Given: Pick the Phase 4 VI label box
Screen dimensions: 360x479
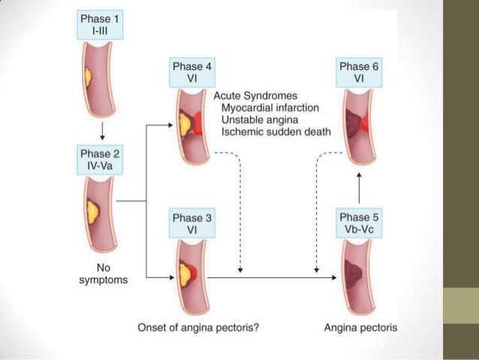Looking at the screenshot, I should tap(193, 71).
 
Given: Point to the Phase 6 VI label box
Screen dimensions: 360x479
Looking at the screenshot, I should tap(360, 71).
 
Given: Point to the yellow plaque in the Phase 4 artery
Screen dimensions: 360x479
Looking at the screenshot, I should tap(185, 123).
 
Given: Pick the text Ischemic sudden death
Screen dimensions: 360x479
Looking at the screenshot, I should tap(267, 132).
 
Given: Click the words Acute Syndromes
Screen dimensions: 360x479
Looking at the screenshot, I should tap(255, 96).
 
